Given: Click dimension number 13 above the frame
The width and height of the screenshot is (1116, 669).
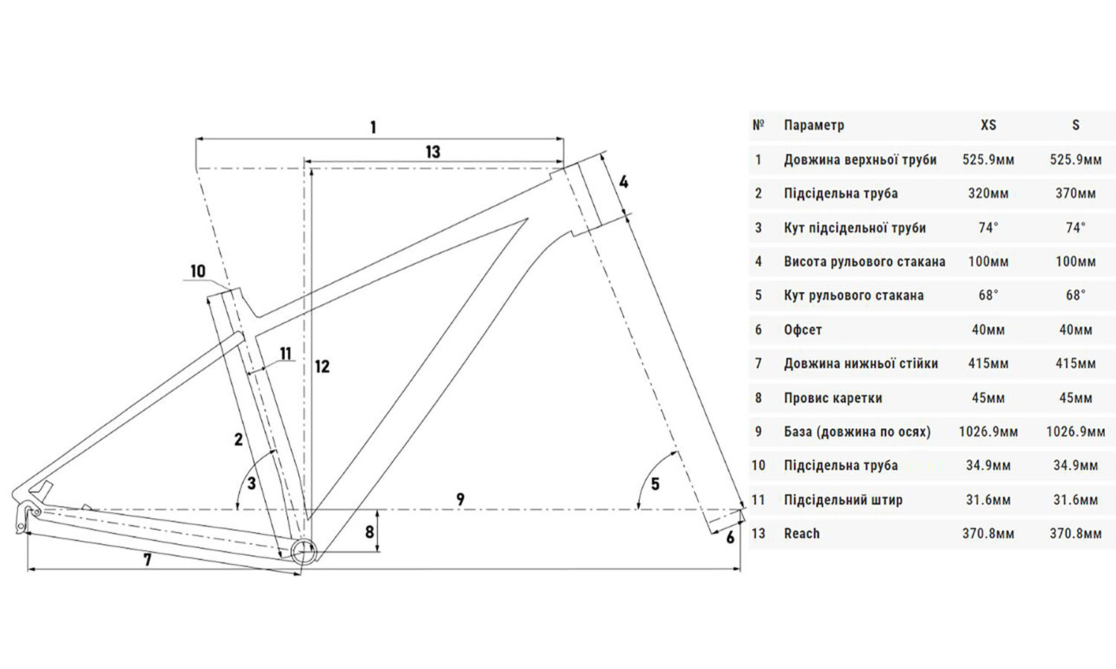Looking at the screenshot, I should pos(433,152).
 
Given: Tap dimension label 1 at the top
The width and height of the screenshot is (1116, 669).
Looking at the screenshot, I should pos(373,127).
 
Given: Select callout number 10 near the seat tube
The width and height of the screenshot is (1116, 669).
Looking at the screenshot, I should pos(198,271).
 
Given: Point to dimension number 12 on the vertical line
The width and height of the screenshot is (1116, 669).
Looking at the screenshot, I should pos(321,366).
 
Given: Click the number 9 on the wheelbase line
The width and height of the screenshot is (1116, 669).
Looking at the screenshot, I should pos(461,499).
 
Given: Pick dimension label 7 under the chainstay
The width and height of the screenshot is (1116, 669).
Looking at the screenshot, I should pos(147,560).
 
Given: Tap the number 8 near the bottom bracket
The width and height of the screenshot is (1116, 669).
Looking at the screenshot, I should pos(369,532).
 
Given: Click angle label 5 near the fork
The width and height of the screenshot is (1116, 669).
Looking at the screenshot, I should pos(655,485).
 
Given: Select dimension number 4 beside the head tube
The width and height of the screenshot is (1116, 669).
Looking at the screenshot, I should pos(623,181).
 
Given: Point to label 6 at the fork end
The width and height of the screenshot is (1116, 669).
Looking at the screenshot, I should pos(730,537).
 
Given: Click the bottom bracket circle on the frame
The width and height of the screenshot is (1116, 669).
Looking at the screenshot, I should pos(303,552).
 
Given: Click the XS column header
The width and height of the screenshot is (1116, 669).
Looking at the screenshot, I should pos(988,125).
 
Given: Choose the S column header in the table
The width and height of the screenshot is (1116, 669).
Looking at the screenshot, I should pos(1075,125).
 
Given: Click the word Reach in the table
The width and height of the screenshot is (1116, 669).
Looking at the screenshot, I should pos(801,534).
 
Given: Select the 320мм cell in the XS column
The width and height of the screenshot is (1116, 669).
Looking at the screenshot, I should pos(988,193).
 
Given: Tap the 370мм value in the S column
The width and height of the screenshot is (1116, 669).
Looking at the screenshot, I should pos(1075,193).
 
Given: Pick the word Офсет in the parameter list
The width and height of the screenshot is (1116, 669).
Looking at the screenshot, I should pos(803,329).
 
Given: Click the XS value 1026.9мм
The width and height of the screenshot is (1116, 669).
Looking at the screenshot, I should pos(988,432).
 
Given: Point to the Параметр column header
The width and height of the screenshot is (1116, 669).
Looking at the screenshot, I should pos(814,125).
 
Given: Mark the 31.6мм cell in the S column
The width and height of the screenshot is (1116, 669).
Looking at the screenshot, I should pos(1075,500).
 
